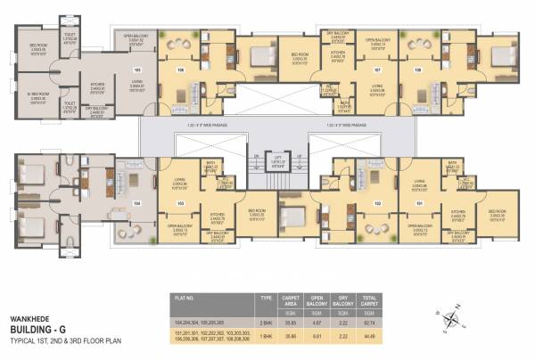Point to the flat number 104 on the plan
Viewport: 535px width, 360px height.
(x=137, y=202)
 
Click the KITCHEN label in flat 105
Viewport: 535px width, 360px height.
(x=96, y=86)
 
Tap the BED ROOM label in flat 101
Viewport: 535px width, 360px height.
(x=497, y=214)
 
